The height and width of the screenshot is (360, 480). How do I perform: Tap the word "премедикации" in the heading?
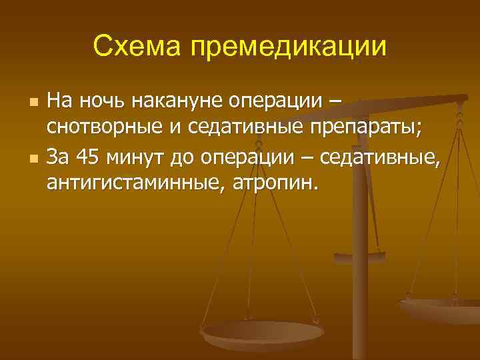288,47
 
